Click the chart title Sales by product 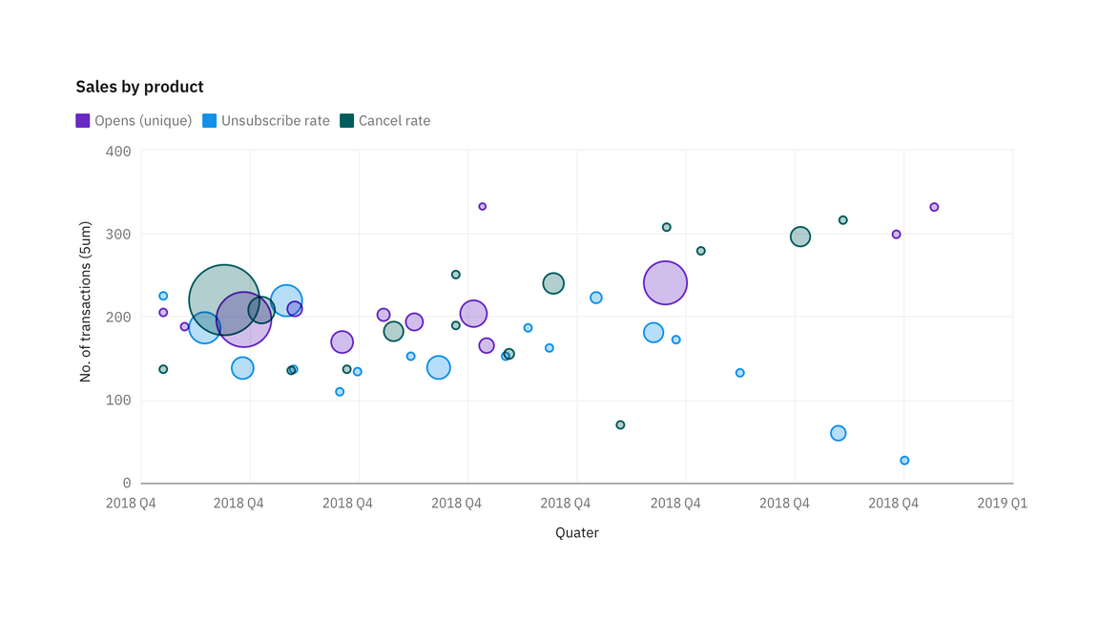point(139,87)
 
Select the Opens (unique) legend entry point(134,121)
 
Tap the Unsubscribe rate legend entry point(266,121)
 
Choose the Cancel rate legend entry point(385,121)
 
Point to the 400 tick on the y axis point(118,151)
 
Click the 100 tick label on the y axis point(118,401)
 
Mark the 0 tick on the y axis point(126,484)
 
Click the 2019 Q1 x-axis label point(1002,504)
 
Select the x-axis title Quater point(577,533)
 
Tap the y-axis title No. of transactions point(85,302)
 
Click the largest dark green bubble point(224,300)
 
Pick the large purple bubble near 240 point(666,282)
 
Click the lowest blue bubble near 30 point(904,461)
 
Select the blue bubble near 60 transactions point(838,433)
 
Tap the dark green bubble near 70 point(620,424)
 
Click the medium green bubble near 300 point(800,237)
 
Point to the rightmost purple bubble point(934,207)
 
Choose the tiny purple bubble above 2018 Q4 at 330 point(482,206)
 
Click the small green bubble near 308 point(666,227)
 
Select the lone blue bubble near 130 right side point(739,373)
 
